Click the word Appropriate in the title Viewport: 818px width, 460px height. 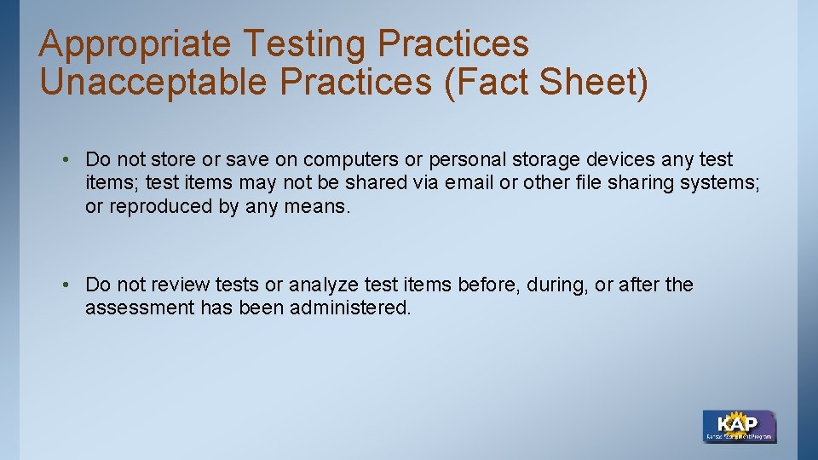pos(134,44)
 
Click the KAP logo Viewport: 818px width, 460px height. pos(739,426)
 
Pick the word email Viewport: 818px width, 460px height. pos(469,183)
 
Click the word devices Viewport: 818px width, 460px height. pos(624,159)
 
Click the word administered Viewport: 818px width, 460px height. pos(350,308)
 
